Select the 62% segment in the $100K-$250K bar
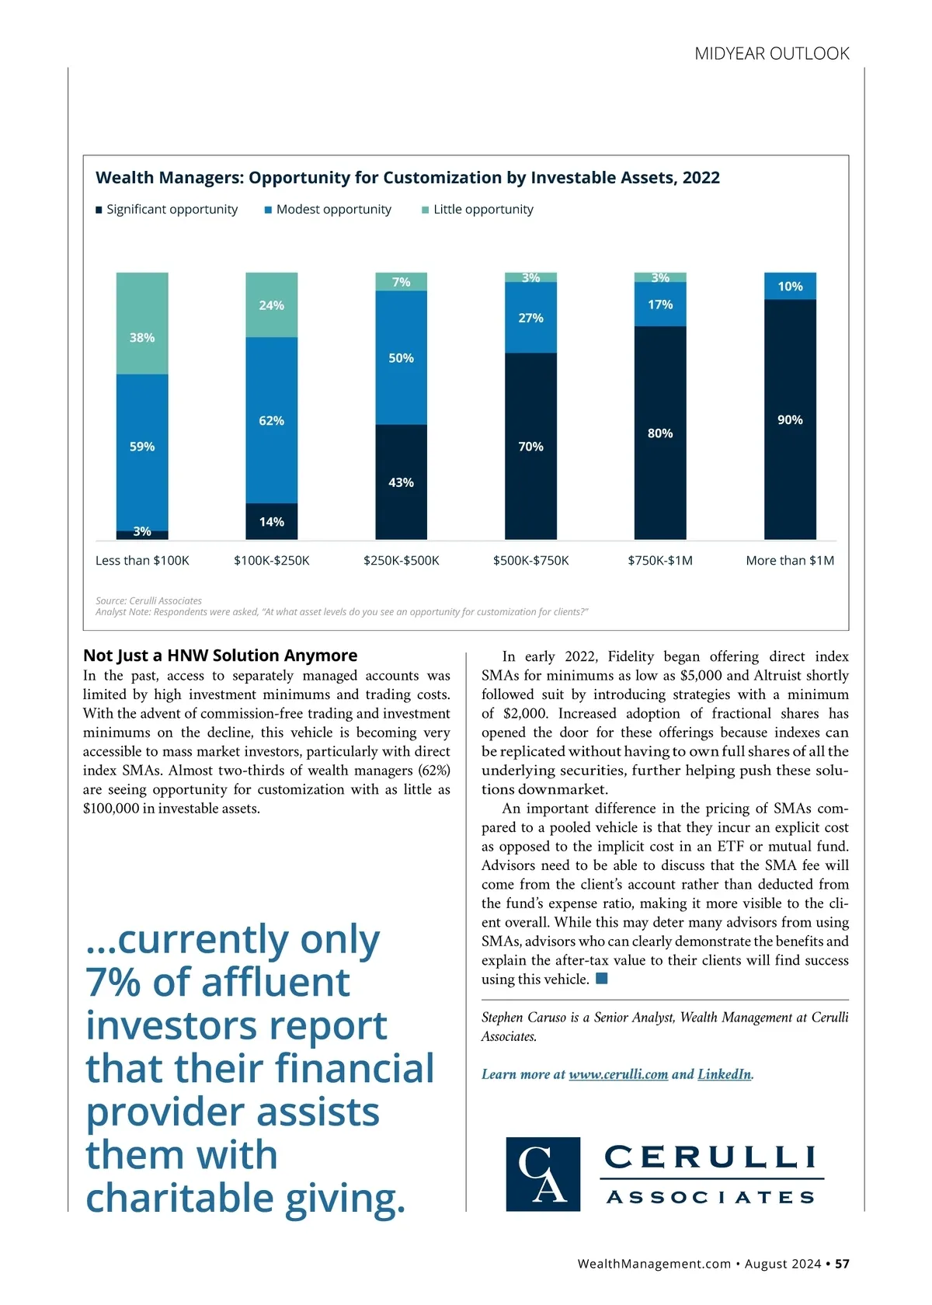point(271,420)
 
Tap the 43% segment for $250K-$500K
point(401,482)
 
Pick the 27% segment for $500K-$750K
point(530,318)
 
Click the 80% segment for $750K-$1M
point(660,433)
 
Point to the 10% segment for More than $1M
point(790,286)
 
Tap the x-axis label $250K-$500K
point(401,561)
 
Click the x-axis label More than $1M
point(790,561)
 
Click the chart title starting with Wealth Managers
point(407,178)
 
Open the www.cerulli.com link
point(618,1074)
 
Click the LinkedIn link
point(724,1074)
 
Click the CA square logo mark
point(543,1174)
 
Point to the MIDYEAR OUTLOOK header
point(771,54)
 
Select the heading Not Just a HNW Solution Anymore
point(220,656)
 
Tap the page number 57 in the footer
point(842,1264)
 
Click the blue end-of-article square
point(601,979)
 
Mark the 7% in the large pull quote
point(113,983)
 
